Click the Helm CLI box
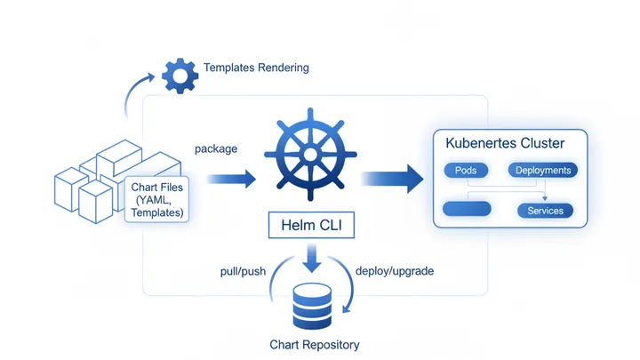[x=311, y=227]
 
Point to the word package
[x=215, y=148]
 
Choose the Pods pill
[x=465, y=170]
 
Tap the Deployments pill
[x=543, y=170]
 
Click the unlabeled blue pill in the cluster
[x=467, y=211]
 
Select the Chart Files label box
[x=157, y=200]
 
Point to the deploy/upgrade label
[x=394, y=270]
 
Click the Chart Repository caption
[x=315, y=344]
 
